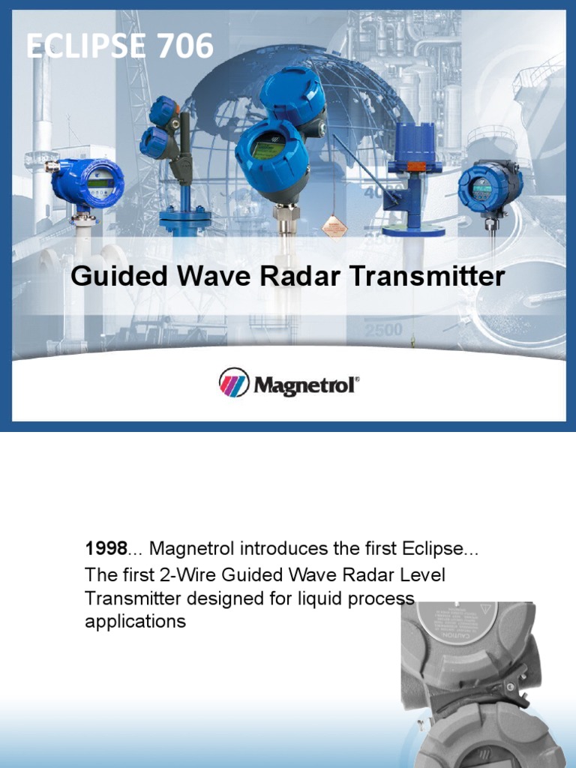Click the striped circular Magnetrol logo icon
(233, 382)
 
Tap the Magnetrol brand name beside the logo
(306, 385)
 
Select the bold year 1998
(105, 549)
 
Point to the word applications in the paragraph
(135, 621)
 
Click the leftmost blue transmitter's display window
(100, 182)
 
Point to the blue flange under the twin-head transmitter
(184, 218)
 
